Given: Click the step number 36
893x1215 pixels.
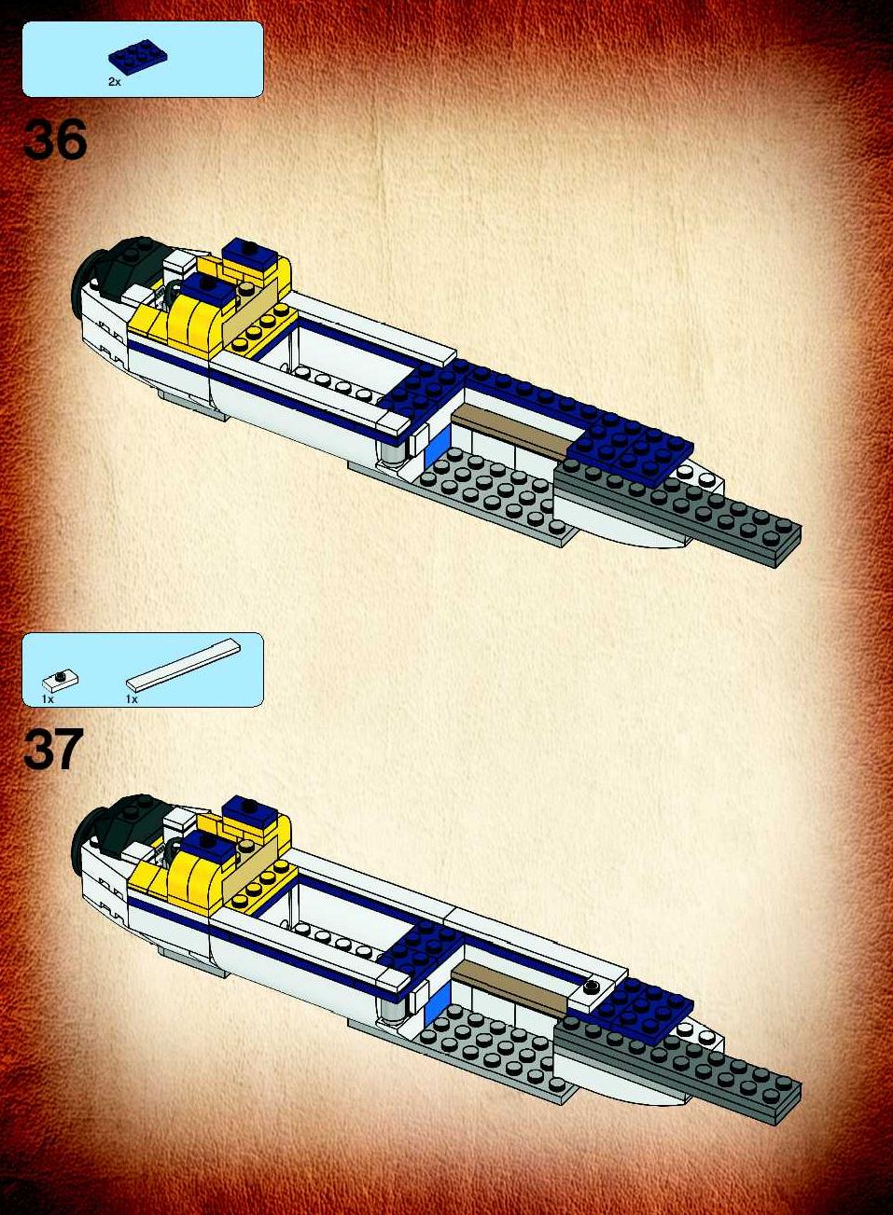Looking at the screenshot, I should (x=55, y=140).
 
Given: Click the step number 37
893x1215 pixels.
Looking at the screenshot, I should (x=53, y=750).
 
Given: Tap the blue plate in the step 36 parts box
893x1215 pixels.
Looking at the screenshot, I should (x=138, y=56).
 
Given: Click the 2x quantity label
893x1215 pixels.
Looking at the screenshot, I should (x=114, y=82).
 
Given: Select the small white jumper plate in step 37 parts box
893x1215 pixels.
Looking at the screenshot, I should (x=61, y=680).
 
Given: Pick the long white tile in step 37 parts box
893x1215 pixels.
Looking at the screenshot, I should (x=183, y=663).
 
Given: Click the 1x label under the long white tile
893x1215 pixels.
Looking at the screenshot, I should (x=132, y=698).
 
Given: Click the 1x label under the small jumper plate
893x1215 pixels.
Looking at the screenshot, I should (x=48, y=698).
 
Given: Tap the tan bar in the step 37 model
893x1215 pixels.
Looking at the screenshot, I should (x=509, y=987).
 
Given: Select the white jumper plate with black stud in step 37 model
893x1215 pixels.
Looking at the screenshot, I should (x=590, y=990).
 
